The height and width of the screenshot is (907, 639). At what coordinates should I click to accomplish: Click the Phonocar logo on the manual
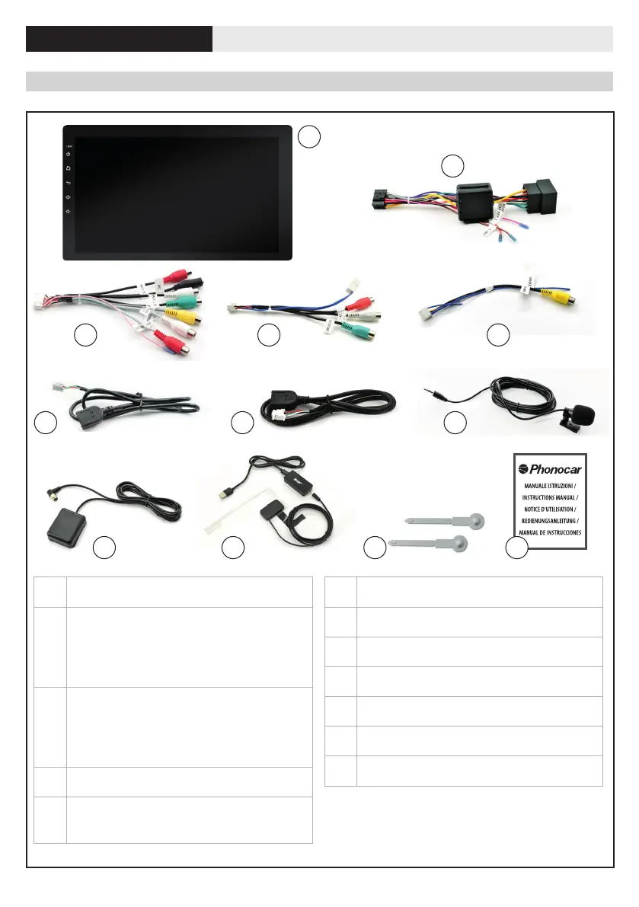click(x=545, y=469)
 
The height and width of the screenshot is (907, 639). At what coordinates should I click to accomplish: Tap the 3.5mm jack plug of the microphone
click(x=438, y=392)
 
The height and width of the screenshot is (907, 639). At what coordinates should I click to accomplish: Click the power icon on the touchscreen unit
click(x=69, y=155)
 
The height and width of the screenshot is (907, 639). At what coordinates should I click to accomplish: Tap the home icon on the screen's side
click(x=69, y=169)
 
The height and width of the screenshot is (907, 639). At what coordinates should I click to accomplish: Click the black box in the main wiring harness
click(x=477, y=200)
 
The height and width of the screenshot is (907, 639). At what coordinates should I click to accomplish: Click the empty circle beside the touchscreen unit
click(x=308, y=136)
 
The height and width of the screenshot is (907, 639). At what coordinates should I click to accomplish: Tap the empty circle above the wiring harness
click(x=453, y=165)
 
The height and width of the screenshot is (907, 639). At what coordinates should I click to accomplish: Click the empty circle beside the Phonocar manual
click(x=517, y=547)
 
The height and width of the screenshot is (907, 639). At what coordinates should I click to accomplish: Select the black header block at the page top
click(x=119, y=39)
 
